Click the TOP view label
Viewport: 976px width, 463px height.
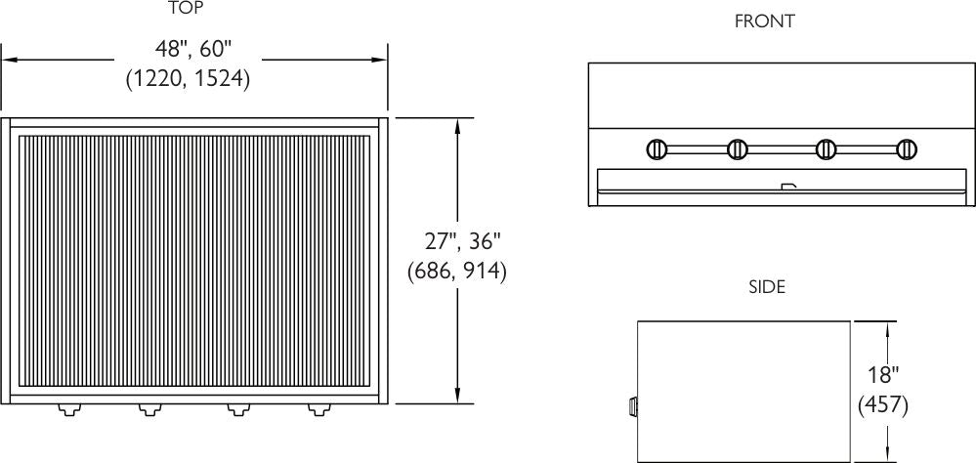[x=187, y=9]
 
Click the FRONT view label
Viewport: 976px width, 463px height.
[x=764, y=21]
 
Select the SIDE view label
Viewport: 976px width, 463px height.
[x=767, y=287]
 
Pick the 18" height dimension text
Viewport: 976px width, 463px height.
[x=883, y=374]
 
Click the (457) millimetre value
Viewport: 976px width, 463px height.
[x=883, y=403]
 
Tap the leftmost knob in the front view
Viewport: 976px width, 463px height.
[x=658, y=148]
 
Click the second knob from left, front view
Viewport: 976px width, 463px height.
[x=739, y=148]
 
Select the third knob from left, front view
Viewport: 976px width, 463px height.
[x=826, y=148]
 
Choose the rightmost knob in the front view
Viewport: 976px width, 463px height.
[x=907, y=148]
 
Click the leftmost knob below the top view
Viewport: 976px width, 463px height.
[x=67, y=408]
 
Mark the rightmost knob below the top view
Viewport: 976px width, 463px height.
[x=318, y=408]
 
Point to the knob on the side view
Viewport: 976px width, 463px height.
[x=633, y=404]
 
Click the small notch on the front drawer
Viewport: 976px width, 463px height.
[x=788, y=186]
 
